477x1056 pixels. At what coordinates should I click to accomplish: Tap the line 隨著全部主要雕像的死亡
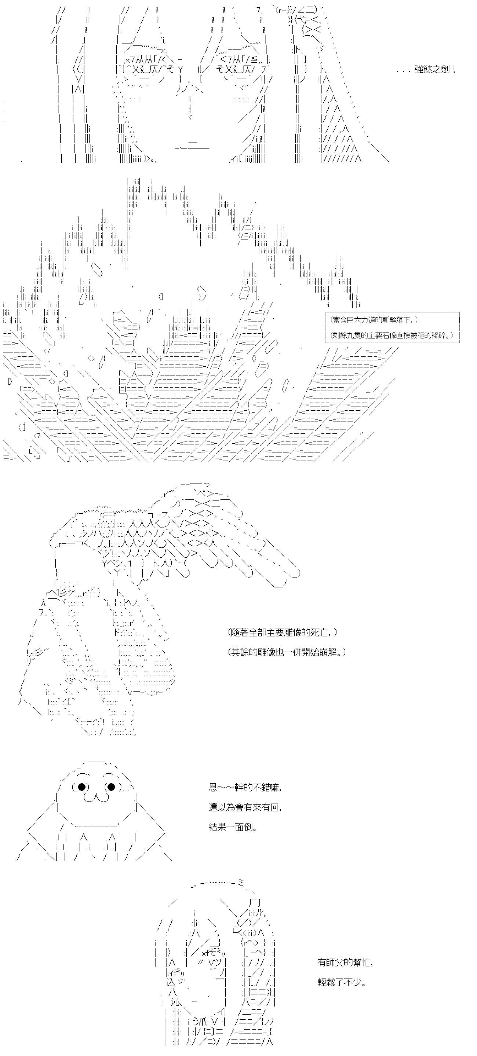click(283, 632)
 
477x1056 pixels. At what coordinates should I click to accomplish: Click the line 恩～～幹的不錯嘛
click(245, 788)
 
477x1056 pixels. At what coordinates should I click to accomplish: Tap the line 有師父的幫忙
click(345, 962)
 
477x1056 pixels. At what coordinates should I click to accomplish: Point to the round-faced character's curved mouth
click(96, 797)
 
